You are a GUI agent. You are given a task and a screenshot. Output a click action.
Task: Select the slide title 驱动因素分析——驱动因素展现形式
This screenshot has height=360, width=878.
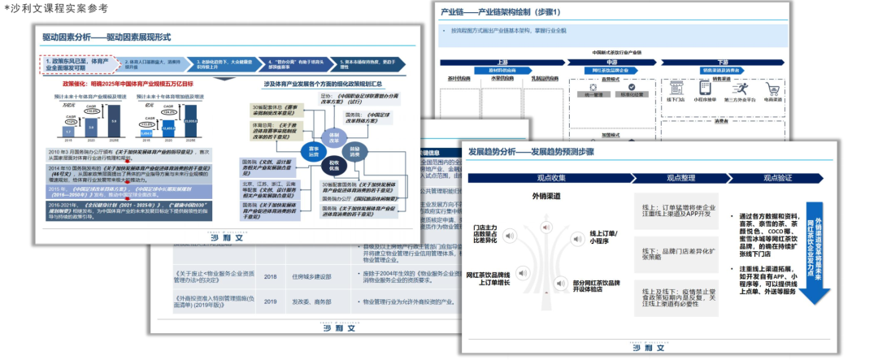coord(106,37)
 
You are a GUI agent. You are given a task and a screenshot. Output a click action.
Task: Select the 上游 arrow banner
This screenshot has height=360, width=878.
coord(502,62)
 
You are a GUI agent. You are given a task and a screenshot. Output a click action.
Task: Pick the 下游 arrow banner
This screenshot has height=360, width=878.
coord(722,62)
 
